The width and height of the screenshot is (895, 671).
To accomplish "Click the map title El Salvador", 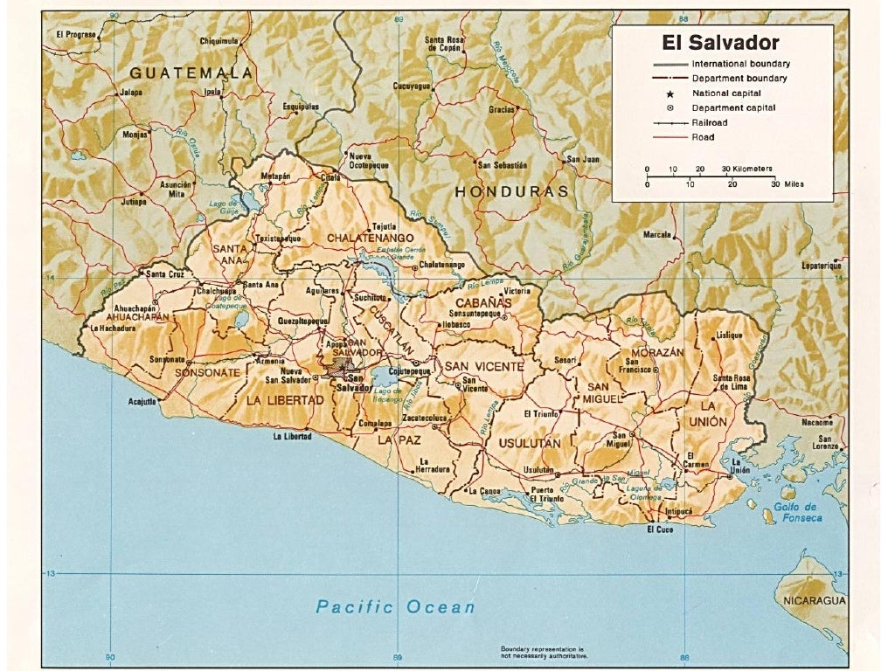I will pyautogui.click(x=721, y=42).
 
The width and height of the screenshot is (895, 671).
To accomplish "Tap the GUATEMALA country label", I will pyautogui.click(x=191, y=73).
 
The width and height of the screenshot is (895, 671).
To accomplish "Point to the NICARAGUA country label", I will pyautogui.click(x=814, y=600).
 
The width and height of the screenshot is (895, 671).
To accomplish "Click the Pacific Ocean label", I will pyautogui.click(x=395, y=606).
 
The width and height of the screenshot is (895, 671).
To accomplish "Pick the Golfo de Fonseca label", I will pyautogui.click(x=798, y=512).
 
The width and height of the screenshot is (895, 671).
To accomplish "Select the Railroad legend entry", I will pyautogui.click(x=708, y=123).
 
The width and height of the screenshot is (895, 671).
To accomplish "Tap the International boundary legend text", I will pyautogui.click(x=740, y=64).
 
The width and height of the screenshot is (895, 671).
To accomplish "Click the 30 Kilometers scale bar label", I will pyautogui.click(x=746, y=168).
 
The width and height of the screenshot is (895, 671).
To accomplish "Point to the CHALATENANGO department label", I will pyautogui.click(x=370, y=238).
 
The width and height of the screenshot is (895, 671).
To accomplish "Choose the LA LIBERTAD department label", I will pyautogui.click(x=285, y=400).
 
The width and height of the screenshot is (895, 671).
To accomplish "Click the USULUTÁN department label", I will pyautogui.click(x=530, y=444).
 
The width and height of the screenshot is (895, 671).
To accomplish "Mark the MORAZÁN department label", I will pyautogui.click(x=652, y=352).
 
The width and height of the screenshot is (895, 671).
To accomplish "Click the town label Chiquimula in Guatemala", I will pyautogui.click(x=219, y=40).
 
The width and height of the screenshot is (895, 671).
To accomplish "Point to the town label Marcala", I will pyautogui.click(x=657, y=234).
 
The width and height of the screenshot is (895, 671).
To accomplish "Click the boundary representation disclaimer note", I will pyautogui.click(x=542, y=651).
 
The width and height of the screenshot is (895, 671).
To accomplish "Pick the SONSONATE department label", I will pyautogui.click(x=207, y=373).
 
